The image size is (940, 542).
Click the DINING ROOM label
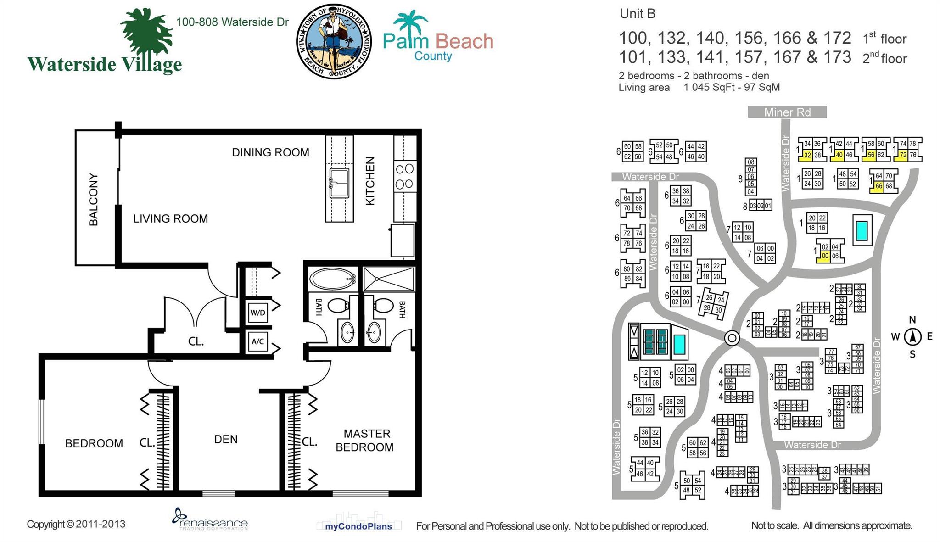click(x=270, y=152)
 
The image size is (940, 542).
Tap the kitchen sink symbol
click(x=339, y=183)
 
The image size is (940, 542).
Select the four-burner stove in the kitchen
click(x=404, y=177)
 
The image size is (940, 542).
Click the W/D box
click(x=257, y=313)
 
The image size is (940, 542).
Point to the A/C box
click(x=257, y=341)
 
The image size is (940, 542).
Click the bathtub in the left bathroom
click(x=333, y=279)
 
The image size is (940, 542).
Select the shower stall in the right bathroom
click(x=389, y=279)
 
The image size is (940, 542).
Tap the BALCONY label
click(x=94, y=199)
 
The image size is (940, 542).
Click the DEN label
click(x=226, y=439)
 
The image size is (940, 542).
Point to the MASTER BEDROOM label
click(x=365, y=441)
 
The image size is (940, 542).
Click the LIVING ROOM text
click(x=170, y=218)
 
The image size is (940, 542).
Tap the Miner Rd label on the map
click(x=787, y=112)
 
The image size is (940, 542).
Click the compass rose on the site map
click(x=912, y=337)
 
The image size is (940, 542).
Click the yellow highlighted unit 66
click(x=878, y=186)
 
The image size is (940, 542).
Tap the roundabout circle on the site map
click(x=732, y=338)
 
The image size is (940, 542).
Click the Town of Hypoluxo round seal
click(x=334, y=41)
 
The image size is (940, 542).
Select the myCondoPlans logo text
click(x=358, y=526)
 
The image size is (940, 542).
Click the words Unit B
click(x=637, y=14)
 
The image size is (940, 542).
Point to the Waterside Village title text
click(x=105, y=64)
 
